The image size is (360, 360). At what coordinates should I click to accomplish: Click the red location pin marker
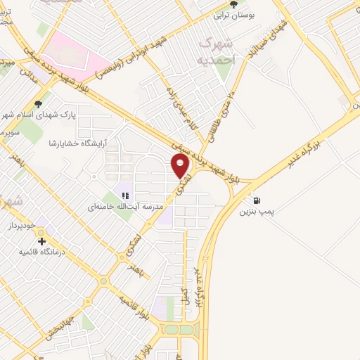click(x=181, y=166)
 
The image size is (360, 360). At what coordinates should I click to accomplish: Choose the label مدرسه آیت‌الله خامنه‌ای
click(x=125, y=207)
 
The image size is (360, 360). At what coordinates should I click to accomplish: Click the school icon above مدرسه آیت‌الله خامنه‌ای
click(x=125, y=195)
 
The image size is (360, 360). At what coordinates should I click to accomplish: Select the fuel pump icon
click(x=257, y=199)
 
